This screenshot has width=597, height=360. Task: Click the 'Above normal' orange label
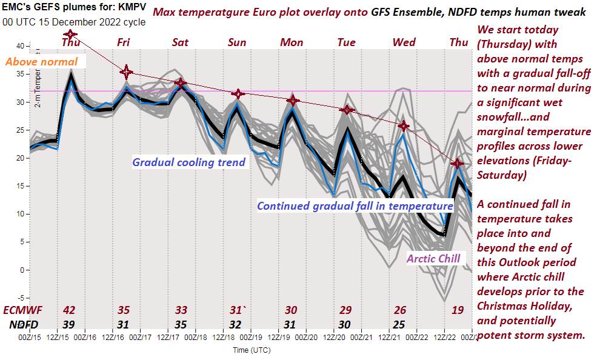coord(42,62)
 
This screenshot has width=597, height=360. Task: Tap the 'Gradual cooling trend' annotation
coord(188,162)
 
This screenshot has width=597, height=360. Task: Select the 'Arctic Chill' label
coord(433,258)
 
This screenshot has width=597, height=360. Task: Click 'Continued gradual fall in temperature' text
coord(355,205)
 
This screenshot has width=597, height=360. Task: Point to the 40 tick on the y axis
coord(20,46)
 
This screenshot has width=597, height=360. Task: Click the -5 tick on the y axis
coord(20,298)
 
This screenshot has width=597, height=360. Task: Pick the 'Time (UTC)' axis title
coord(252,350)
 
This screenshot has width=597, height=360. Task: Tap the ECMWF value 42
coord(69,310)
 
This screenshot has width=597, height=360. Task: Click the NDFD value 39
coord(69,324)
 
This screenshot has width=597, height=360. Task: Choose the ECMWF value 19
coord(458,310)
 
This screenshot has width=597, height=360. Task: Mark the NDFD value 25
coord(399,324)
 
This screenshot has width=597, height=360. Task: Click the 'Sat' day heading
coord(180,42)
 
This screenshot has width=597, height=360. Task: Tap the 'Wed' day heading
coord(404,42)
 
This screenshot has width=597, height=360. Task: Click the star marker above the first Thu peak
coord(71,35)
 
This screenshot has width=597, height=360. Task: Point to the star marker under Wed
coord(404,126)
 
